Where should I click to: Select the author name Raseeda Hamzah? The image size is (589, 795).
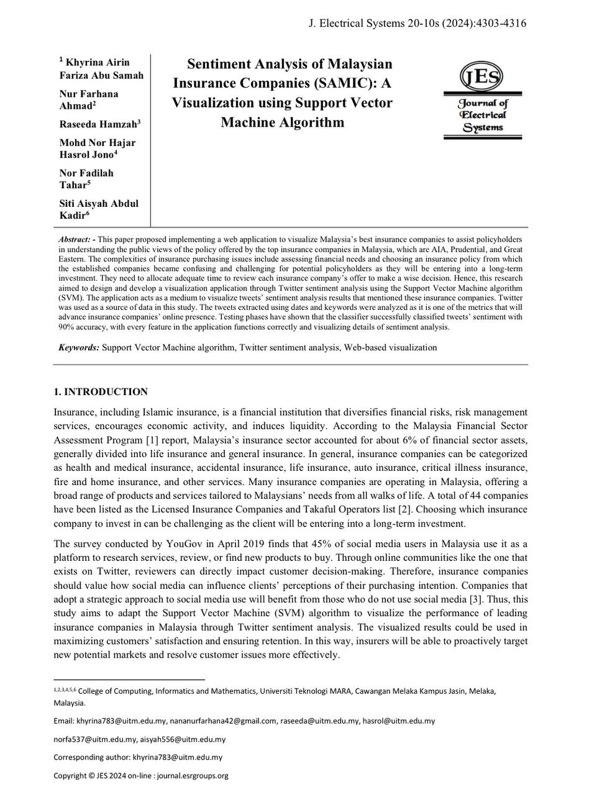coord(99,124)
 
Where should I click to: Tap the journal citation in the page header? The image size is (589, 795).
coord(417,24)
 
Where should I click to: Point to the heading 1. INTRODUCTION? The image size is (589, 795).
coord(101,392)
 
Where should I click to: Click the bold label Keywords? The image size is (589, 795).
coord(79,348)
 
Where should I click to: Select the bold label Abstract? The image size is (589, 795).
coord(76,240)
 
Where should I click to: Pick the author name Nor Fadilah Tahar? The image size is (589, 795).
coord(86,179)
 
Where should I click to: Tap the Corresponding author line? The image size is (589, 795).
coord(138,757)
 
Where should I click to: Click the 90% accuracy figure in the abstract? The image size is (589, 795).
coord(68,327)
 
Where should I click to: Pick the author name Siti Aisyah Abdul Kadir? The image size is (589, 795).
coord(99,209)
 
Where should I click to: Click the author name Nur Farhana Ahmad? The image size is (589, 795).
coord(89,99)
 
